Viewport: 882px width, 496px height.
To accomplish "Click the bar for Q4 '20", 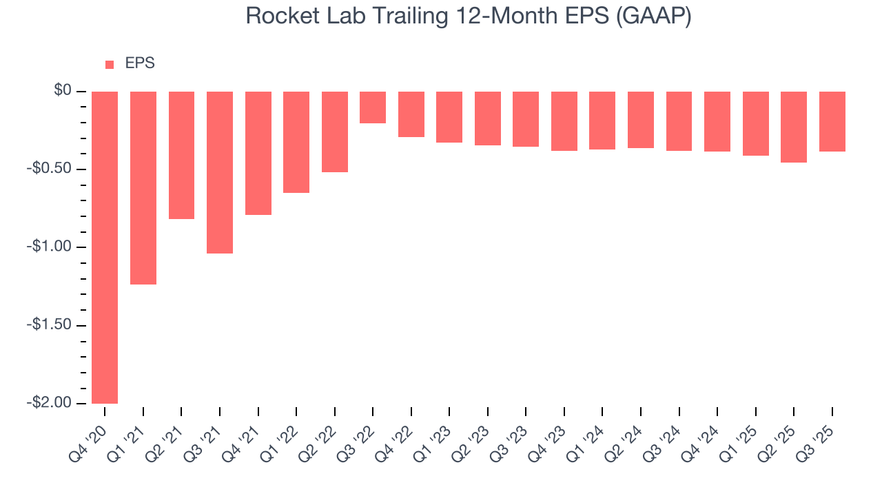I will (105, 247).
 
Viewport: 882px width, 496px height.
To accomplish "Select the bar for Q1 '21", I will (143, 188).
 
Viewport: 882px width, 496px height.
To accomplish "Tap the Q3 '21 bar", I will (220, 172).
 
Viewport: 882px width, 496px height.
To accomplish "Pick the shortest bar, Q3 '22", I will (373, 107).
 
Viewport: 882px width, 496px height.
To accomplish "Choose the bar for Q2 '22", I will (335, 132).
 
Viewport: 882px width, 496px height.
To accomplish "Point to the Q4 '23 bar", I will (564, 121).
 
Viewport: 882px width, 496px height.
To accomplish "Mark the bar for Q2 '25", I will (794, 127).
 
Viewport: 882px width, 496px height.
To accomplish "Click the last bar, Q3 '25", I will (832, 121).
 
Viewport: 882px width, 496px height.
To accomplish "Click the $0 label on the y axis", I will (63, 91).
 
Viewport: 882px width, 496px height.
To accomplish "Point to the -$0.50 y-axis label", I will (50, 169).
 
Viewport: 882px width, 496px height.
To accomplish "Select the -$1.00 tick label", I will (50, 247).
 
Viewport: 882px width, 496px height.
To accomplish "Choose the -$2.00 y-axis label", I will (50, 402).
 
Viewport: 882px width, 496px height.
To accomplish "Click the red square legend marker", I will (110, 65).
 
